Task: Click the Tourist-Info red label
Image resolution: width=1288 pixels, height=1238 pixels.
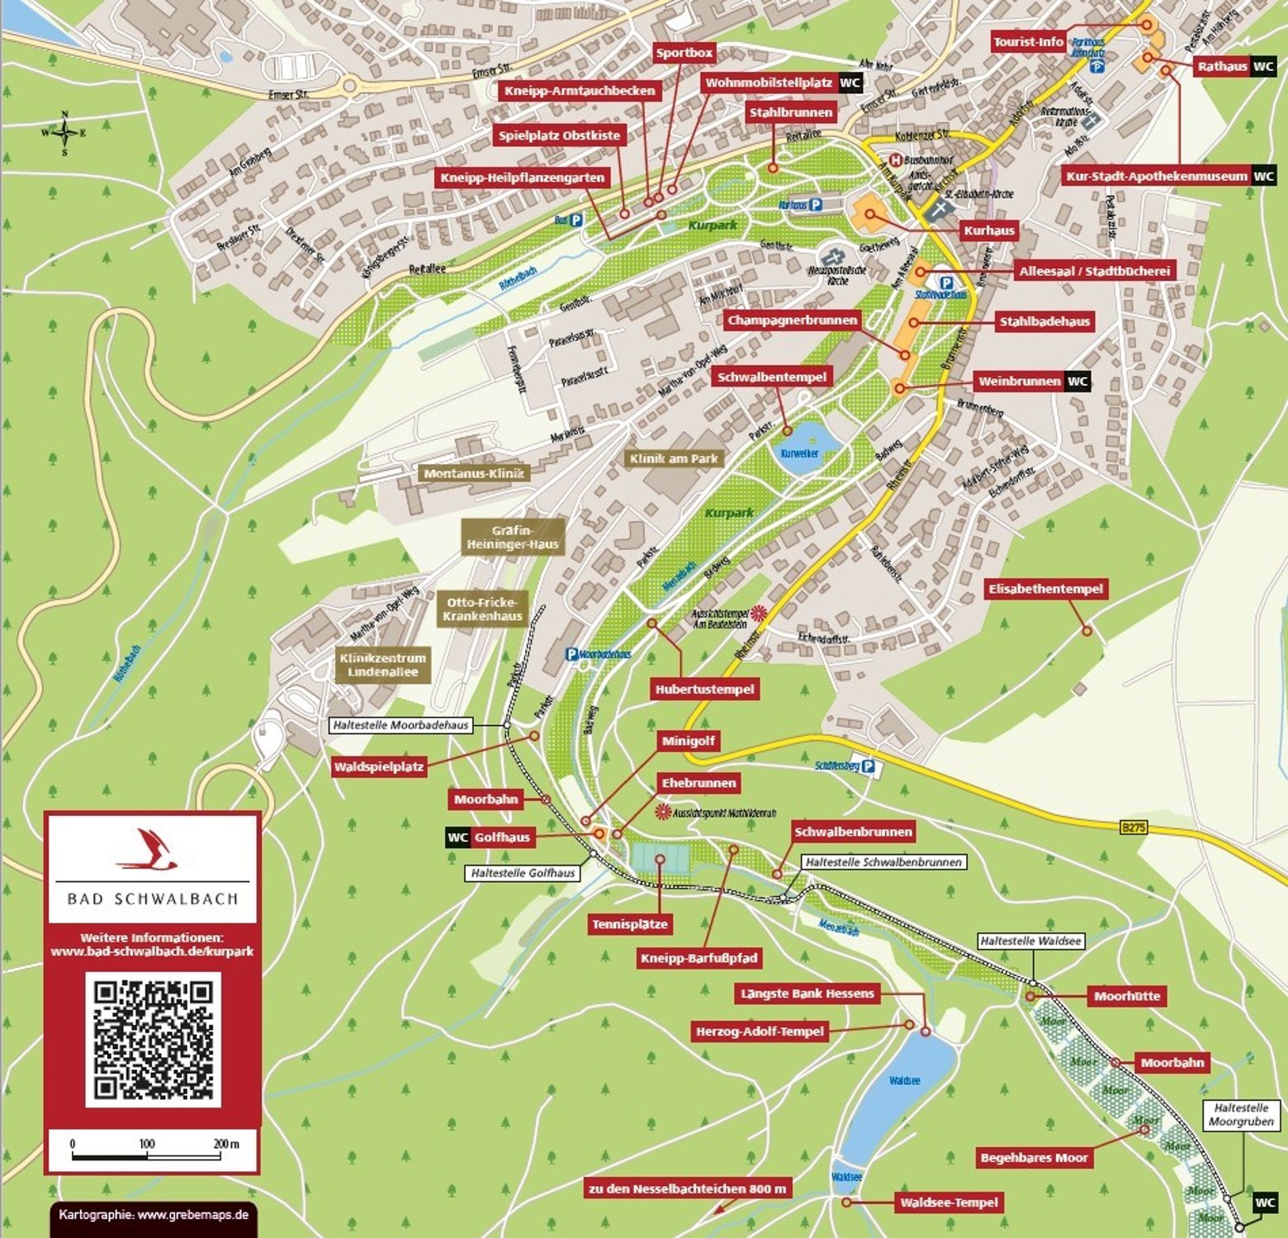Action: (1028, 42)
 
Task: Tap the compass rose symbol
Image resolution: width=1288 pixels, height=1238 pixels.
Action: (64, 132)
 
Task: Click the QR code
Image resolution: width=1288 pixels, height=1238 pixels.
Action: (153, 1039)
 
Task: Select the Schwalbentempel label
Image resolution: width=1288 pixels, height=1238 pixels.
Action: (771, 377)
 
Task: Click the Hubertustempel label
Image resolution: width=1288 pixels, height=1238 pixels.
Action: (704, 689)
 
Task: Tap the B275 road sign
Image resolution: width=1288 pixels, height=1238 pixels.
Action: (1134, 827)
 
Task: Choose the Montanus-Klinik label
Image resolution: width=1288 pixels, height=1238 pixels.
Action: (474, 474)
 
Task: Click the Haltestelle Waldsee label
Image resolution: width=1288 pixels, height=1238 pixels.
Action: (1030, 941)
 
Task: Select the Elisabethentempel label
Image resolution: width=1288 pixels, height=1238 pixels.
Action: (1045, 589)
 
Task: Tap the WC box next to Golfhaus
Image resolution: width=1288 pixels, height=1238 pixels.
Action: (457, 837)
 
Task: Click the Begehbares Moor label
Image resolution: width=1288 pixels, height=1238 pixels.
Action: (1034, 1158)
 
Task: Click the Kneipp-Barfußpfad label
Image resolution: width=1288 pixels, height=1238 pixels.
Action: (698, 958)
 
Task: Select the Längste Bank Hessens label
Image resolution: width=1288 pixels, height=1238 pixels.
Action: (806, 994)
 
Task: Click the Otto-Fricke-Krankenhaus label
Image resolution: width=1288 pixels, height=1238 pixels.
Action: (482, 610)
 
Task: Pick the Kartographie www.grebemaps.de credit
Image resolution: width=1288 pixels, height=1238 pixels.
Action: (154, 1215)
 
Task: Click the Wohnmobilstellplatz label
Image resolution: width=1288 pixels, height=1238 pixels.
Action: (768, 83)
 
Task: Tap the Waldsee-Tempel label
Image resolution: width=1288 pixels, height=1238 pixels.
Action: (949, 1202)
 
